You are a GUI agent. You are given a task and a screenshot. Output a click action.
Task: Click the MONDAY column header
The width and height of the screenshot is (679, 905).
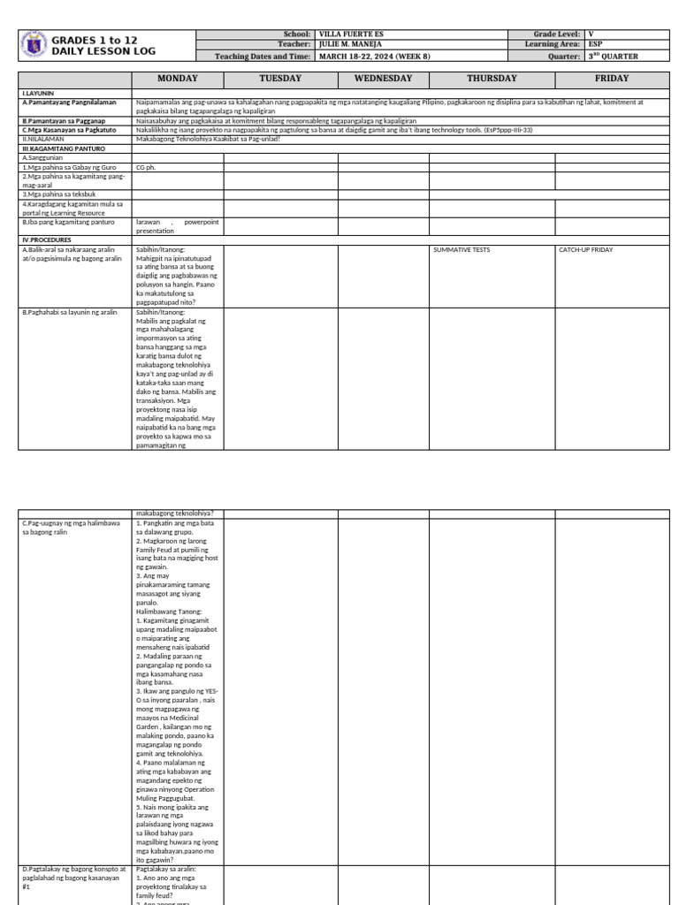(178, 79)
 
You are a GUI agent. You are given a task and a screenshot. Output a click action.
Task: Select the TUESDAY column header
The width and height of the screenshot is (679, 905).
(280, 79)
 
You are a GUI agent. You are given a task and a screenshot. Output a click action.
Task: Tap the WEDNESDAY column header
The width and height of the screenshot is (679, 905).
(384, 79)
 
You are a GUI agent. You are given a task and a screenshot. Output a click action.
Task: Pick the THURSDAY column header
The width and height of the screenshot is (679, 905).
(492, 79)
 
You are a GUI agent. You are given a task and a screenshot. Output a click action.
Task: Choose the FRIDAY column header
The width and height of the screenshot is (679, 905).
(612, 79)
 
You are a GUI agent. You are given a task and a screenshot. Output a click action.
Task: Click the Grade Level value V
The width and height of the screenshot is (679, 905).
(591, 34)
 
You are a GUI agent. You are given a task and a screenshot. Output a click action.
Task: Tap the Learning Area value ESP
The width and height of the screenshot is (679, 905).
(596, 44)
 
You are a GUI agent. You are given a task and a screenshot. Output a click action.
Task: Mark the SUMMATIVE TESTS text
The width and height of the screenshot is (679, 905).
(462, 250)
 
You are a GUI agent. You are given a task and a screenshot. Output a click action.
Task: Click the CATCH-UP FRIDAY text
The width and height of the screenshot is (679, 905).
(586, 250)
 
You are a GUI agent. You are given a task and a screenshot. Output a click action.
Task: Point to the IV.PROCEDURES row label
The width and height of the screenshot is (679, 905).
(47, 240)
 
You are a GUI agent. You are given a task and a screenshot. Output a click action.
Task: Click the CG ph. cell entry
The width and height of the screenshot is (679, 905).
(146, 166)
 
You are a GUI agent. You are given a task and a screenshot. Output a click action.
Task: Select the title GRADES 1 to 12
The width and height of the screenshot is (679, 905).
(95, 41)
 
